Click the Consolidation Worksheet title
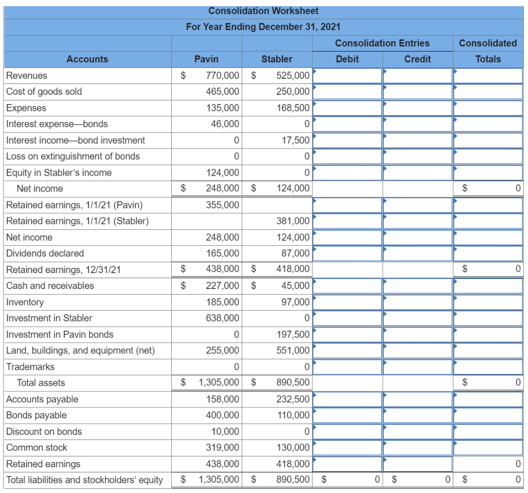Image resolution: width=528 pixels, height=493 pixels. (x=263, y=11)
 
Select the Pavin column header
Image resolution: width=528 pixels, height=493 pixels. (x=206, y=59)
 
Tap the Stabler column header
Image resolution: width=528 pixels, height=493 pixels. (x=277, y=59)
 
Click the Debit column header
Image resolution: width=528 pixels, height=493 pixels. (x=347, y=59)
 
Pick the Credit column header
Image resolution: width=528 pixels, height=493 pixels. (x=418, y=59)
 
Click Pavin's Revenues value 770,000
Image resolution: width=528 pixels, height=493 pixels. (x=223, y=75)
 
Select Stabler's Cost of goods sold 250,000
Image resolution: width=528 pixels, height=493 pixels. (x=293, y=92)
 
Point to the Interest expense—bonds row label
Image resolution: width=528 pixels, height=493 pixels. (x=57, y=124)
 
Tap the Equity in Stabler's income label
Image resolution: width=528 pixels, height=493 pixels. (x=59, y=173)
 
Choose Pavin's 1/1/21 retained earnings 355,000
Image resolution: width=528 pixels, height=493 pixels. (x=223, y=205)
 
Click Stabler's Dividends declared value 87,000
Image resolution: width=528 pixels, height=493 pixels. (x=295, y=253)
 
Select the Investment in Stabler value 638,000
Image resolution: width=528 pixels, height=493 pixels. (x=223, y=318)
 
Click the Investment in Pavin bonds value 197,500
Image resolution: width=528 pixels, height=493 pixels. (x=293, y=334)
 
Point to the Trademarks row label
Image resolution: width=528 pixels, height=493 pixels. (x=30, y=367)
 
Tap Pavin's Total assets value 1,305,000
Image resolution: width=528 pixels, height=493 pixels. (x=219, y=383)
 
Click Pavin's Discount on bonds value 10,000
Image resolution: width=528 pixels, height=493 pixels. (x=225, y=431)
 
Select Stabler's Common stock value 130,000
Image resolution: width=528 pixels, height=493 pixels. (x=293, y=448)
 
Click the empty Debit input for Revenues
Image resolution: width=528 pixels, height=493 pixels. (x=347, y=76)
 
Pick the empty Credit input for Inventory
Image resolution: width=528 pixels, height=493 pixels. (x=418, y=302)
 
